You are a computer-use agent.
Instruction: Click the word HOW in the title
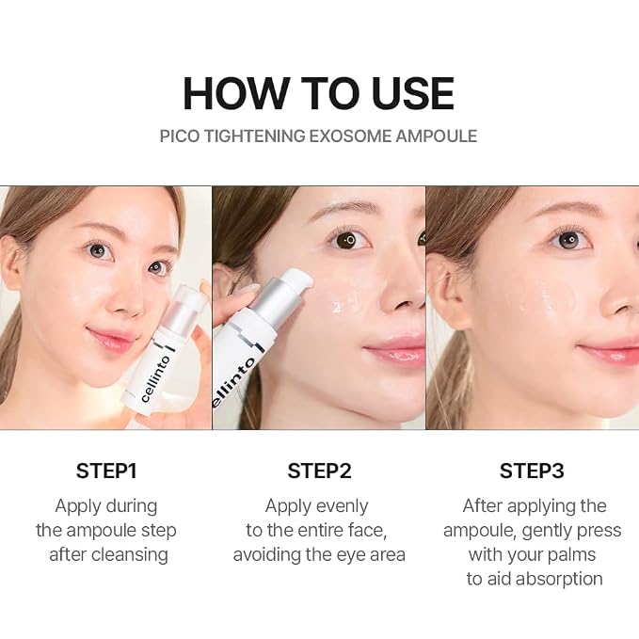point(234,93)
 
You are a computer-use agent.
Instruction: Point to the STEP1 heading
point(106,471)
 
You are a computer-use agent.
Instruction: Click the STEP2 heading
point(319,471)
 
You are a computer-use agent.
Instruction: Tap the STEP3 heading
point(532,471)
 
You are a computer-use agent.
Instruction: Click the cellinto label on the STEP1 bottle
point(155,378)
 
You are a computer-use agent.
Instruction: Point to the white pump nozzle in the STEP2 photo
point(298,280)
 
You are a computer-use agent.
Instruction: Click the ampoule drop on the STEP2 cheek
point(338,307)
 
